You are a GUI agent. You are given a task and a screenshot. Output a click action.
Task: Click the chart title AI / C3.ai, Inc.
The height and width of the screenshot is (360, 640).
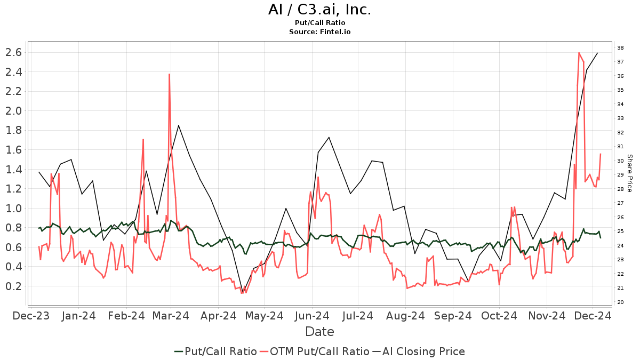[x=319, y=10]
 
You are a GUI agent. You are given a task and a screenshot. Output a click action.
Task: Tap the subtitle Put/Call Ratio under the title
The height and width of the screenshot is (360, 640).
[x=319, y=23]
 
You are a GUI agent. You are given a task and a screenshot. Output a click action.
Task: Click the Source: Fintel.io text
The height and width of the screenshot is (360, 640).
[x=319, y=32]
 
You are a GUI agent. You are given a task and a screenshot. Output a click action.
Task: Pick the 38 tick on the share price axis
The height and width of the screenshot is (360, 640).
[x=621, y=48]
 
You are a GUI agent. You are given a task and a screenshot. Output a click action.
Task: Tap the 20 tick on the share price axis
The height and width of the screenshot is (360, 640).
[x=621, y=302]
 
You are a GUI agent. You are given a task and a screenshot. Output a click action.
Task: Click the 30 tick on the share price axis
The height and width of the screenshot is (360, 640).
[x=621, y=161]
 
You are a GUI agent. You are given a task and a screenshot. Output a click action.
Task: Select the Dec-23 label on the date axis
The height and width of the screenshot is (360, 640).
[x=31, y=316]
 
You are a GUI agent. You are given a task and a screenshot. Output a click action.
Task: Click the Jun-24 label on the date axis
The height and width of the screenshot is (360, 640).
[x=312, y=316]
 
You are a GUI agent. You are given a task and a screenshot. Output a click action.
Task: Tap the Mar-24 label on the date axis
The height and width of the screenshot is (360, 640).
[x=171, y=316]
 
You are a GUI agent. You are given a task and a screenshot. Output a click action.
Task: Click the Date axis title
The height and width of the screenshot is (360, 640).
[x=319, y=332]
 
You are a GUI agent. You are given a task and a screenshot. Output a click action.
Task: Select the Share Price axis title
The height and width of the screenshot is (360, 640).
[x=629, y=173]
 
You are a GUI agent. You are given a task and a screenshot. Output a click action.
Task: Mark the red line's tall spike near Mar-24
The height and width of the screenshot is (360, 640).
[x=169, y=75]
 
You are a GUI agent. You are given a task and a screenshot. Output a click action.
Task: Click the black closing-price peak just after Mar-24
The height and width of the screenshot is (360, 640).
[x=178, y=126]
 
